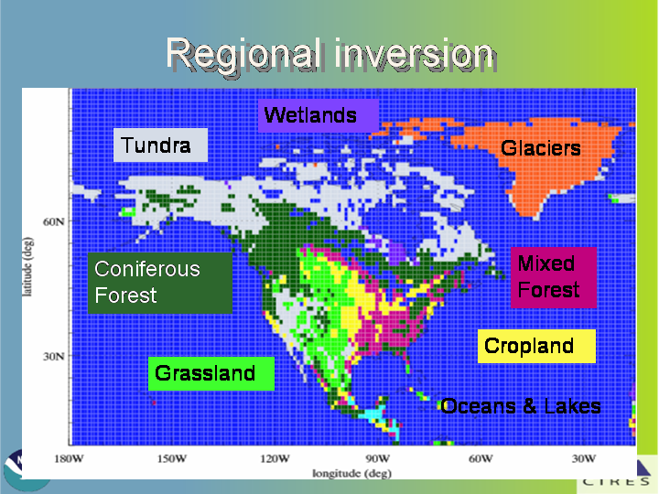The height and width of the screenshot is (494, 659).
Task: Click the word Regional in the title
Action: pyautogui.click(x=242, y=56)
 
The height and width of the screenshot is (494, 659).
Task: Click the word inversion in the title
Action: pyautogui.click(x=414, y=56)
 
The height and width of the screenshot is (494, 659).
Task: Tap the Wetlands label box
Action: pyautogui.click(x=319, y=115)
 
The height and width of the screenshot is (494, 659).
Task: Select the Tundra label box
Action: pyautogui.click(x=160, y=145)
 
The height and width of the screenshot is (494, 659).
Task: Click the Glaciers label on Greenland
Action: pyautogui.click(x=541, y=148)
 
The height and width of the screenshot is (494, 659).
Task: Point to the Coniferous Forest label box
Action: pyautogui.click(x=159, y=283)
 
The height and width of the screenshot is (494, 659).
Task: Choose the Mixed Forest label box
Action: pyautogui.click(x=554, y=277)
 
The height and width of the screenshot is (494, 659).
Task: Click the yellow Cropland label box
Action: pyautogui.click(x=536, y=346)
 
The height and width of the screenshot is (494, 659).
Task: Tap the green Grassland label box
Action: pyautogui.click(x=211, y=373)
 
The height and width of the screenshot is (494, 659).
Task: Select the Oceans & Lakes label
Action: pyautogui.click(x=521, y=406)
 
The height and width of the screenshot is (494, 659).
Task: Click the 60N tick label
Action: pyautogui.click(x=54, y=221)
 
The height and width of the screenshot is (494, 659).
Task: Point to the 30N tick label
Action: pyautogui.click(x=54, y=357)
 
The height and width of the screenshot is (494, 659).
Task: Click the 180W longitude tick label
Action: pyautogui.click(x=69, y=458)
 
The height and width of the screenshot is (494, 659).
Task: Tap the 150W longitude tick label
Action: pyautogui.click(x=172, y=458)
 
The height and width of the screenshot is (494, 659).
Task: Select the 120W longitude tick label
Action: pyautogui.click(x=275, y=458)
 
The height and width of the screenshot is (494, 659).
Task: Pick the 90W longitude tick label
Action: pyautogui.click(x=378, y=458)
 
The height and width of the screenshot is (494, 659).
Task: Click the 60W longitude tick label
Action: pyautogui.click(x=481, y=458)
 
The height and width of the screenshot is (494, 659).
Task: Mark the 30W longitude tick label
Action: pyautogui.click(x=584, y=458)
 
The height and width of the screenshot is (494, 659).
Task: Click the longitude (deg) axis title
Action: pyautogui.click(x=352, y=474)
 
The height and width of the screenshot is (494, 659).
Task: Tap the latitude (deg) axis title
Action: pyautogui.click(x=27, y=267)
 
